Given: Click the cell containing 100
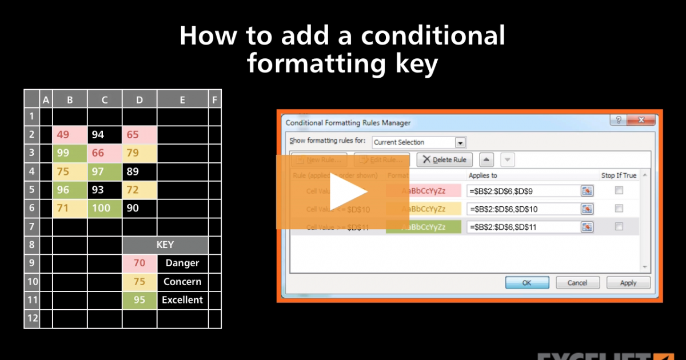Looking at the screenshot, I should pos(105,208).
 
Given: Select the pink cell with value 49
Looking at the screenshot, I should pos(70,135).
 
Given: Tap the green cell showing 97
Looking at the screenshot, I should pos(105,171).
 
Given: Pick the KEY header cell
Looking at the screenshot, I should pos(165,245).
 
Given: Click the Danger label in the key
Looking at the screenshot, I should pos(182,263).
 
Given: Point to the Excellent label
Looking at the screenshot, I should pos(182,299).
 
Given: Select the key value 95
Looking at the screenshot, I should pos(139,299).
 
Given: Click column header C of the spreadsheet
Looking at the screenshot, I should pos(105,100).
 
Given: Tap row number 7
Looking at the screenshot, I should pos(32,226).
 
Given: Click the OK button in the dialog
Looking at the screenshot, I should pos(527,282).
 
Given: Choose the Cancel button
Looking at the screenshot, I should pos(577,282).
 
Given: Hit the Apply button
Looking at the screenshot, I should pos(628,282).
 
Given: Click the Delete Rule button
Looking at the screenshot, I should pos(444,160).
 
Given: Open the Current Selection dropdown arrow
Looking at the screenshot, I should pos(460,142).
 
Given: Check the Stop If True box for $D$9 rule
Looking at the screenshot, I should pos(619,191).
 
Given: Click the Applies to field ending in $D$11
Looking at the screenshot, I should pos(522,227).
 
